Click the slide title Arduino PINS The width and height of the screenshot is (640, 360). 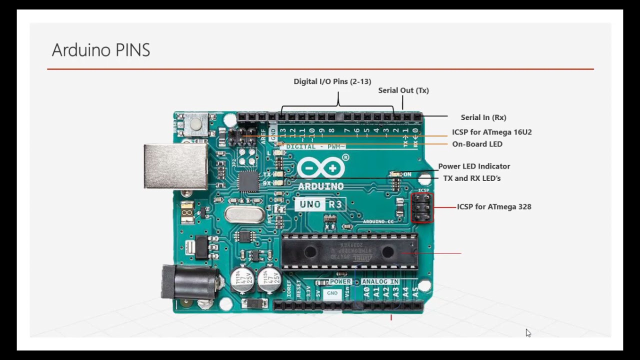coord(101,50)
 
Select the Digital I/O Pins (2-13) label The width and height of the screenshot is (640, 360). coord(332,81)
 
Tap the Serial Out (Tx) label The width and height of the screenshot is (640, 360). coord(403,90)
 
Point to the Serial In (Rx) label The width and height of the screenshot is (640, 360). coord(483,117)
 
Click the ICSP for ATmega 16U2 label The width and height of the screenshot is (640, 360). coord(491,132)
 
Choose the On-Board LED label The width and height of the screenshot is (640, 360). coord(477,144)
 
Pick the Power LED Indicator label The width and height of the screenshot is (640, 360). coord(473,166)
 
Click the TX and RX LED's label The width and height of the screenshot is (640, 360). coord(471,178)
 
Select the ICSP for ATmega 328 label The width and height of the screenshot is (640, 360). coord(493,206)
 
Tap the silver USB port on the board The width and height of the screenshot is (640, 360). coord(175,166)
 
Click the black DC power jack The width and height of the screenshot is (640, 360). coord(189,282)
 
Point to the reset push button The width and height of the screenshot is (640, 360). coord(195,124)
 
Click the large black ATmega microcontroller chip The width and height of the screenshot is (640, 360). coord(349,251)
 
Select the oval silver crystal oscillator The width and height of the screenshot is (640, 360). coord(243,214)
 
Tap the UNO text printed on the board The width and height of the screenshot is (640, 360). coord(310,204)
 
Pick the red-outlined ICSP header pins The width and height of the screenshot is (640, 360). coord(422,207)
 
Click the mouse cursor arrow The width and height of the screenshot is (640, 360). coord(527,332)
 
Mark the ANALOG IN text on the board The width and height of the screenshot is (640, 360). coord(380,282)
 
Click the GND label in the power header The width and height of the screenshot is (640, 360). coord(332,293)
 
